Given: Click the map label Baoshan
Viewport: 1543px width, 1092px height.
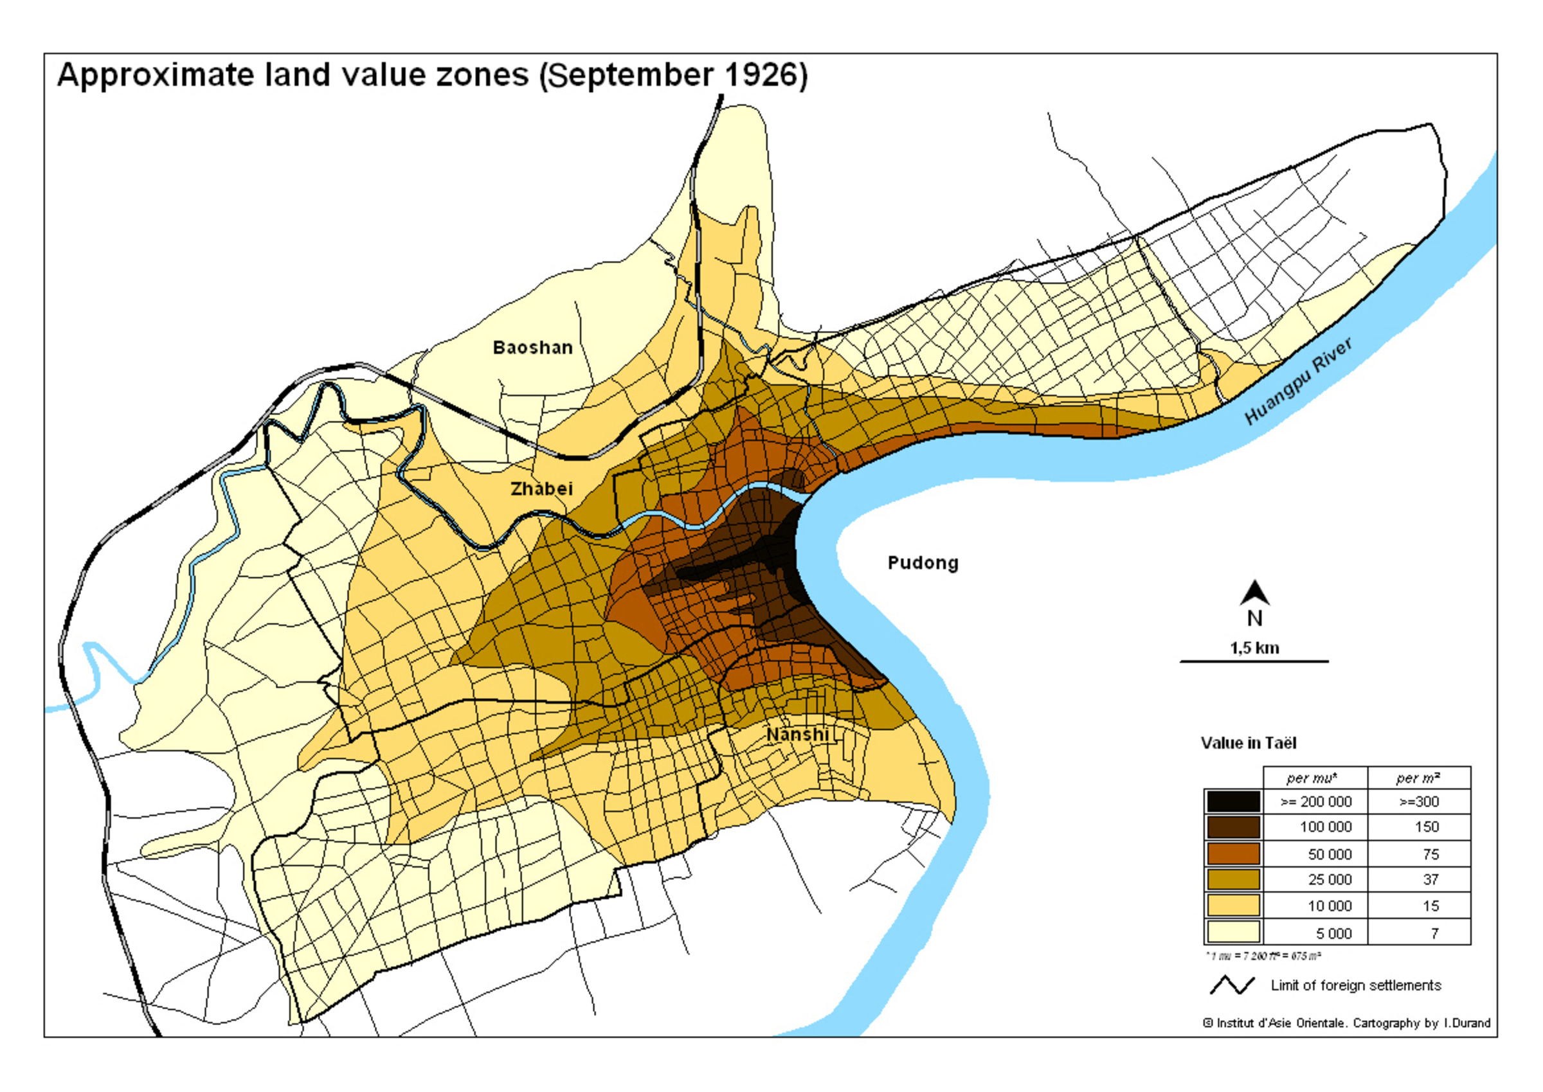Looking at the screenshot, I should [532, 348].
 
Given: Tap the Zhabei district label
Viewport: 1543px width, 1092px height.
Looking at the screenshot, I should [541, 489].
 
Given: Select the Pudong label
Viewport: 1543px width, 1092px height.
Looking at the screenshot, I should [923, 563].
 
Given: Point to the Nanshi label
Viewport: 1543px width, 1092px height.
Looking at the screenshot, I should [798, 734].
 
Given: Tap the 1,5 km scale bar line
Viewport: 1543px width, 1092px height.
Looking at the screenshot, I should [1254, 661].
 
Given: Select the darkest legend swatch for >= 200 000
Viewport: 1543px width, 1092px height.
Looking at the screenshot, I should [1233, 801].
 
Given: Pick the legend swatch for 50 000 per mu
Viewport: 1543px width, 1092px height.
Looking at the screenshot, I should [1233, 854].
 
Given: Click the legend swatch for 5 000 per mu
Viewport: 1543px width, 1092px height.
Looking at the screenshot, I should [1233, 933].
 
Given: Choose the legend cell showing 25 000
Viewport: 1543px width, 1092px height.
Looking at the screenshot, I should [1329, 879].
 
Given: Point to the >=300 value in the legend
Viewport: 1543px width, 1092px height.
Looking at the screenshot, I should [1418, 801].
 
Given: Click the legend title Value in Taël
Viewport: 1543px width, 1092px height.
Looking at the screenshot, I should [1249, 743].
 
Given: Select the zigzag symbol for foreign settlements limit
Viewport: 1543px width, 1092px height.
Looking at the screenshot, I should [1232, 986].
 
